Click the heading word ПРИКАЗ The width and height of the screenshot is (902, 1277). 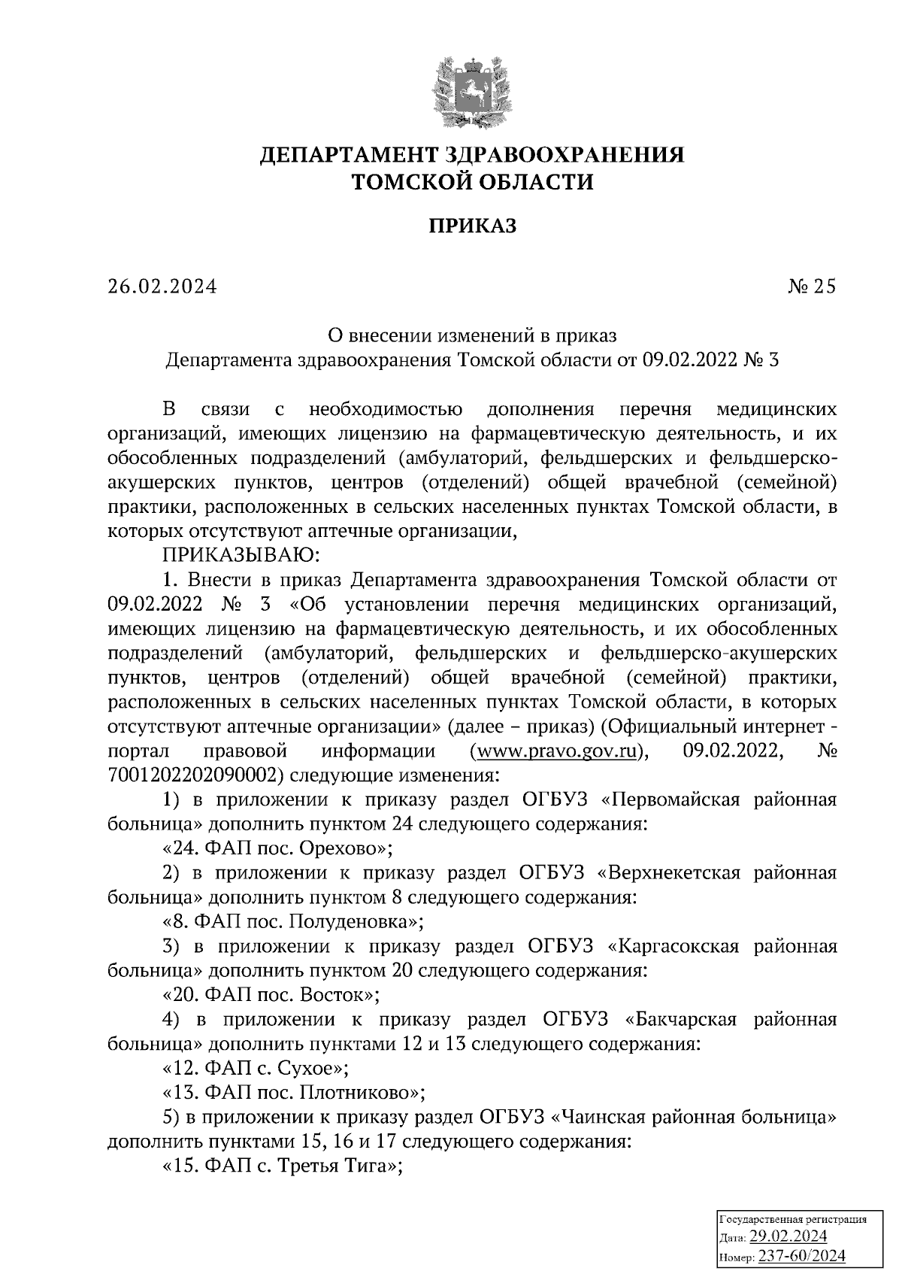click(x=473, y=226)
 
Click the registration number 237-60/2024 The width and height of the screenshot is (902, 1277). click(x=801, y=1256)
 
